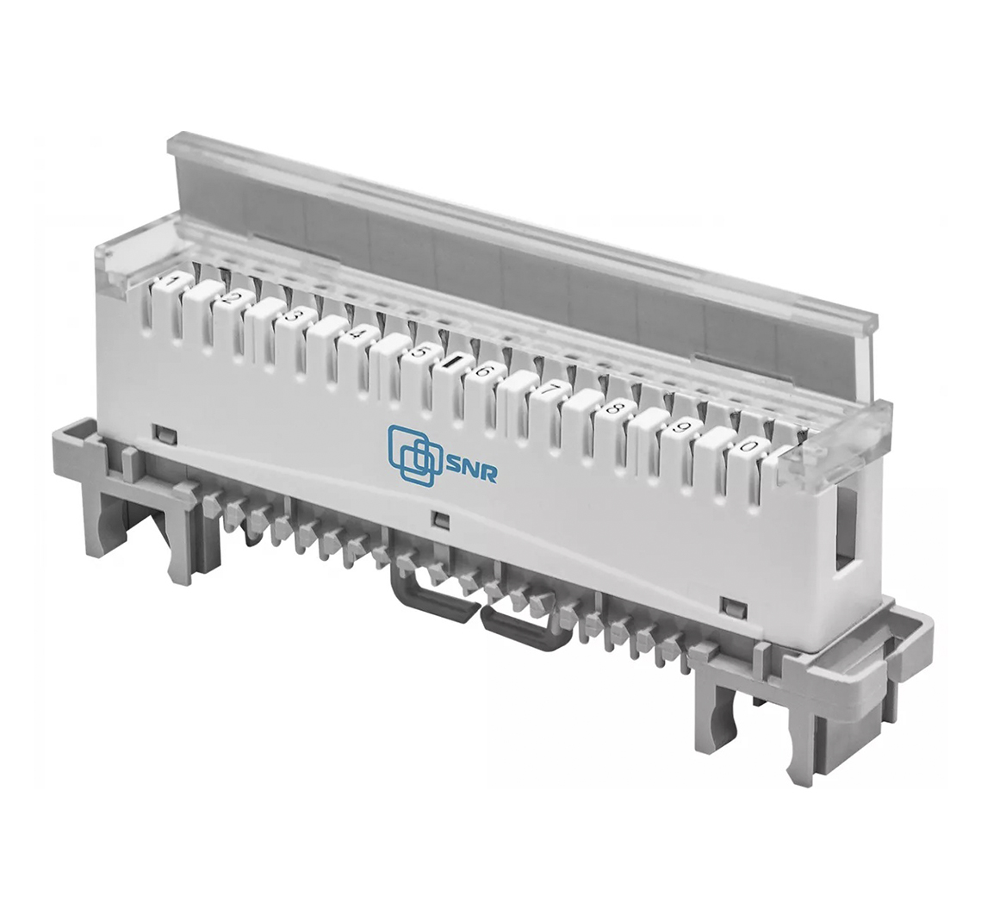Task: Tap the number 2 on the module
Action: coord(228,298)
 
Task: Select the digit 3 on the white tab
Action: coord(289,314)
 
